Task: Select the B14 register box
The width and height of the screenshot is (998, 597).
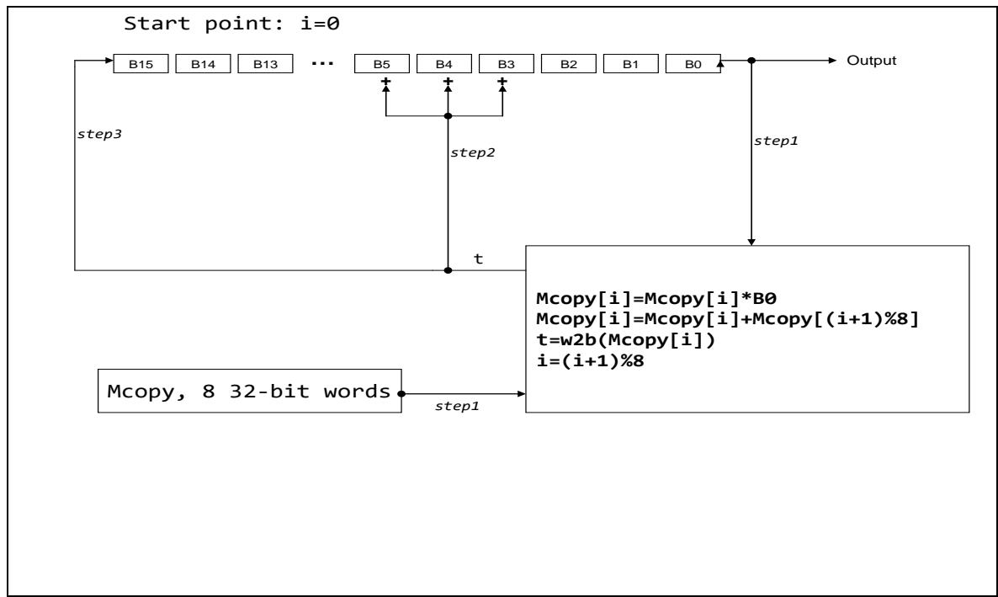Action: (x=203, y=62)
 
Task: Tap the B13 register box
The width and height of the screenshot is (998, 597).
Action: (x=264, y=62)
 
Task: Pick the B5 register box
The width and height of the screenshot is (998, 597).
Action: (x=382, y=62)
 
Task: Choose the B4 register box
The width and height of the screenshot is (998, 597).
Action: (x=443, y=62)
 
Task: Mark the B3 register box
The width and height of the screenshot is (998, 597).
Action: (x=505, y=62)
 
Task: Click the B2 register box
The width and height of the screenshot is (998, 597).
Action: (x=568, y=62)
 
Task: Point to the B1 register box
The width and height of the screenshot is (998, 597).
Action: (x=630, y=62)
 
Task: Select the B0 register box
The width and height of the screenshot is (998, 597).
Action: (x=693, y=62)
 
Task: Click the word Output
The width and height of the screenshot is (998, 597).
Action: (x=871, y=61)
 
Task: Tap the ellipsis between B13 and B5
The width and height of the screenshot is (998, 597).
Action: (x=324, y=62)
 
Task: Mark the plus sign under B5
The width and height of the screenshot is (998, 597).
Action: (x=386, y=83)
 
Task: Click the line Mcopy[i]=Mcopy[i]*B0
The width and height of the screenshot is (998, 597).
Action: (x=628, y=298)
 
